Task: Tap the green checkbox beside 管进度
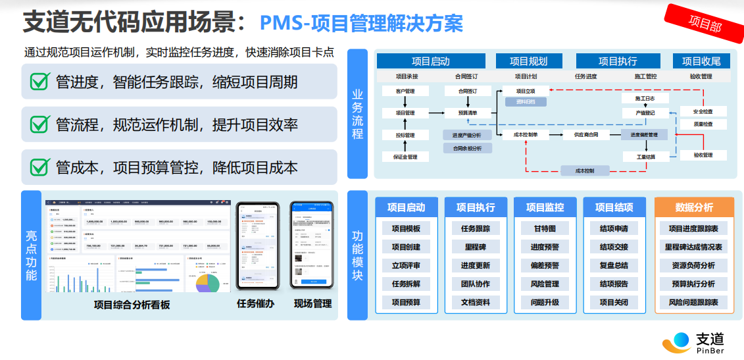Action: pyautogui.click(x=41, y=82)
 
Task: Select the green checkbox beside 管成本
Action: pyautogui.click(x=41, y=167)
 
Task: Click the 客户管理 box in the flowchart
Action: pyautogui.click(x=405, y=91)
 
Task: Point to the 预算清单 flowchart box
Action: pyautogui.click(x=468, y=113)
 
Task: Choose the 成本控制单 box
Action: pyautogui.click(x=525, y=135)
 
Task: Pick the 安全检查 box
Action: pyautogui.click(x=703, y=111)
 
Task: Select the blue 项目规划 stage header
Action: pyautogui.click(x=528, y=61)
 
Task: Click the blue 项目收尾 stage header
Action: pyautogui.click(x=701, y=61)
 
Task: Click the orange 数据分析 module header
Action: pyautogui.click(x=694, y=207)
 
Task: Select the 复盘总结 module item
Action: pyautogui.click(x=614, y=266)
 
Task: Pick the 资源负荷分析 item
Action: pyautogui.click(x=693, y=266)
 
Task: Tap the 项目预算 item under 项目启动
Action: pyautogui.click(x=406, y=303)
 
